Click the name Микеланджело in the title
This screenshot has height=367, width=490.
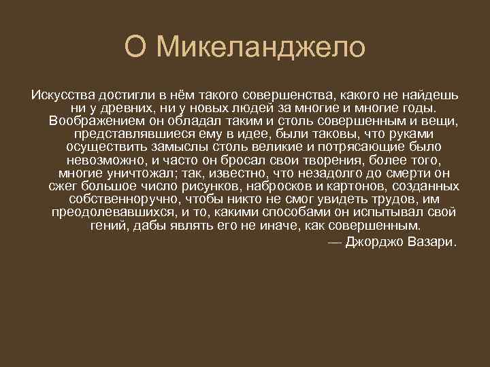point(261,47)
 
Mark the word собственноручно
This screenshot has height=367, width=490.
point(124,199)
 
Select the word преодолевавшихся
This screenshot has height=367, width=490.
point(106,213)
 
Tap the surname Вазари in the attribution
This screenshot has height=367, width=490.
point(434,242)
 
